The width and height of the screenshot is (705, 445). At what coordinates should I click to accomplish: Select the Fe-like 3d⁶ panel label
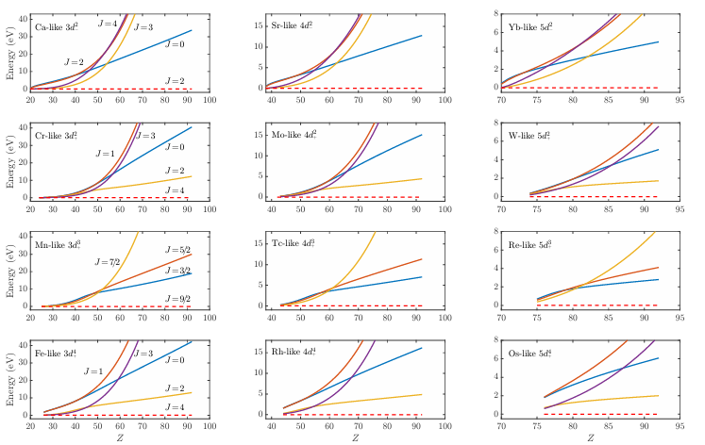(57, 353)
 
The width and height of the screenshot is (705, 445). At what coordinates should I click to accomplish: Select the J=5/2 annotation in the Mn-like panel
(175, 249)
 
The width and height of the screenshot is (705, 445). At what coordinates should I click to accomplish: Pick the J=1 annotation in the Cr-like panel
(105, 153)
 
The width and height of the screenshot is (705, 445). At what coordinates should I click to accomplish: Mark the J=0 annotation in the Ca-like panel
(175, 44)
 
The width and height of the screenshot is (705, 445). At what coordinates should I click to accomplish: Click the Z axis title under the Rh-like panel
(355, 438)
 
